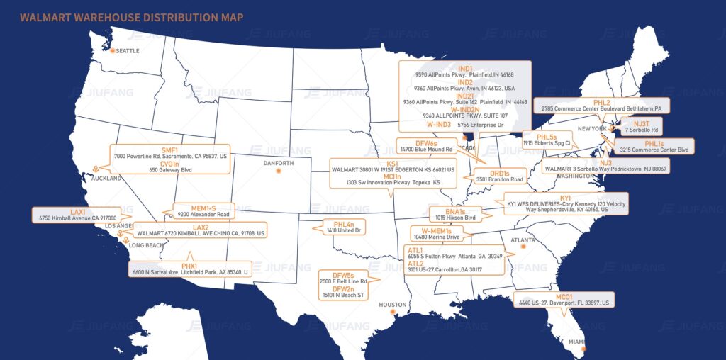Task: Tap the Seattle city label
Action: coord(128,51)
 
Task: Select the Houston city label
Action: coord(393,305)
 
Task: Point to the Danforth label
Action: coord(278,164)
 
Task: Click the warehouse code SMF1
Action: coord(169,150)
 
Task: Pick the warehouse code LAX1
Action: coord(78,211)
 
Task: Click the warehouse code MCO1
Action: coord(564,296)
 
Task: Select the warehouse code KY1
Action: coord(565,198)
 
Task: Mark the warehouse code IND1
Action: coord(464,68)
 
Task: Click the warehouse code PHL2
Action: coord(601,102)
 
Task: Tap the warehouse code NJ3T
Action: coord(641,123)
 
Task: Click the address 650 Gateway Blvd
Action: coord(169,170)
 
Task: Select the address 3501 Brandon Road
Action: coord(500,179)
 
